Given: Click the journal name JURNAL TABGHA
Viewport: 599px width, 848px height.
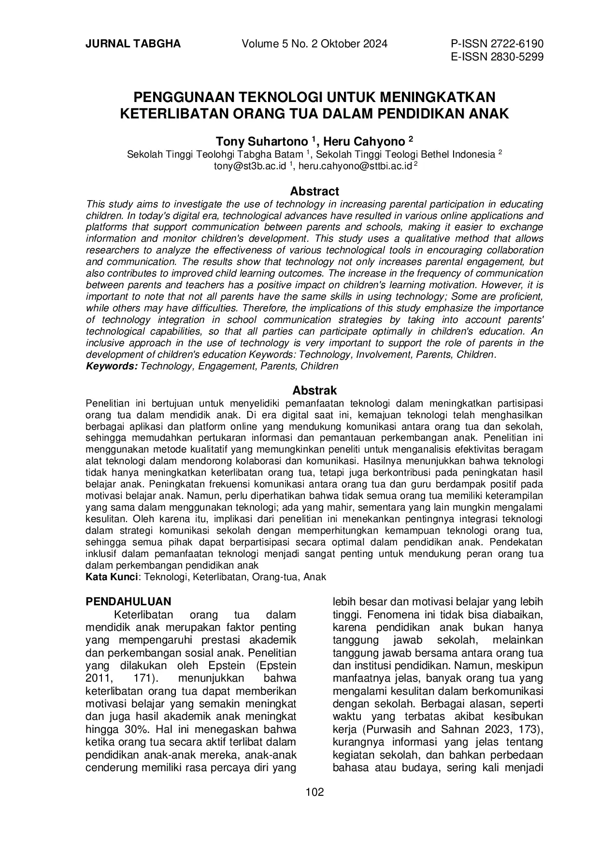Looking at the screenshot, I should [133, 44].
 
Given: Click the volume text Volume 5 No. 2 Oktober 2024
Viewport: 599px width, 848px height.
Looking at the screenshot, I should [314, 44].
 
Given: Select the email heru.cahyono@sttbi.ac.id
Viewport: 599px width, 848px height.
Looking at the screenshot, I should [355, 166].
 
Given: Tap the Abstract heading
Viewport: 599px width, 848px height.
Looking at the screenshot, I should [314, 191].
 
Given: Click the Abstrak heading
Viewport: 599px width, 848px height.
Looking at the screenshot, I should [314, 390].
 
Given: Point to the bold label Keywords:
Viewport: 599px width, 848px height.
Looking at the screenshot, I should [112, 366].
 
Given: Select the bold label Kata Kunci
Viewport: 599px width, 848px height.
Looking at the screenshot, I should [112, 577].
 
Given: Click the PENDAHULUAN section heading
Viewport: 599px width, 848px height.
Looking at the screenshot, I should [128, 601].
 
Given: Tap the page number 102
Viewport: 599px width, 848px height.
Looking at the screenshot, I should [315, 792].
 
